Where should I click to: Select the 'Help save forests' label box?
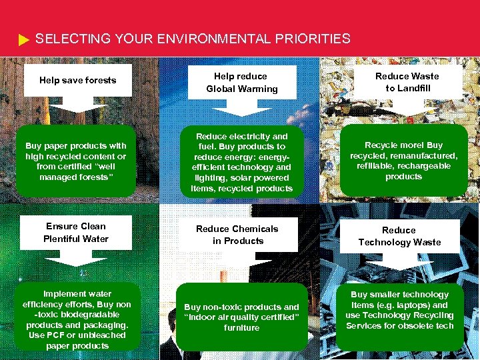(x=78, y=81)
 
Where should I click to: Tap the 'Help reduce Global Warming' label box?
(x=241, y=83)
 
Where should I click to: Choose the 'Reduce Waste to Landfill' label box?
(x=407, y=82)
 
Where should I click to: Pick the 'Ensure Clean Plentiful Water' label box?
(x=75, y=233)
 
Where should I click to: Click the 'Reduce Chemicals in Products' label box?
(x=237, y=235)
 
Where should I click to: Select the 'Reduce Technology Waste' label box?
(x=399, y=236)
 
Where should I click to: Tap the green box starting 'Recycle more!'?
(x=403, y=161)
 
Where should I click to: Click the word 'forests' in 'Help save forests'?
(x=101, y=81)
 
